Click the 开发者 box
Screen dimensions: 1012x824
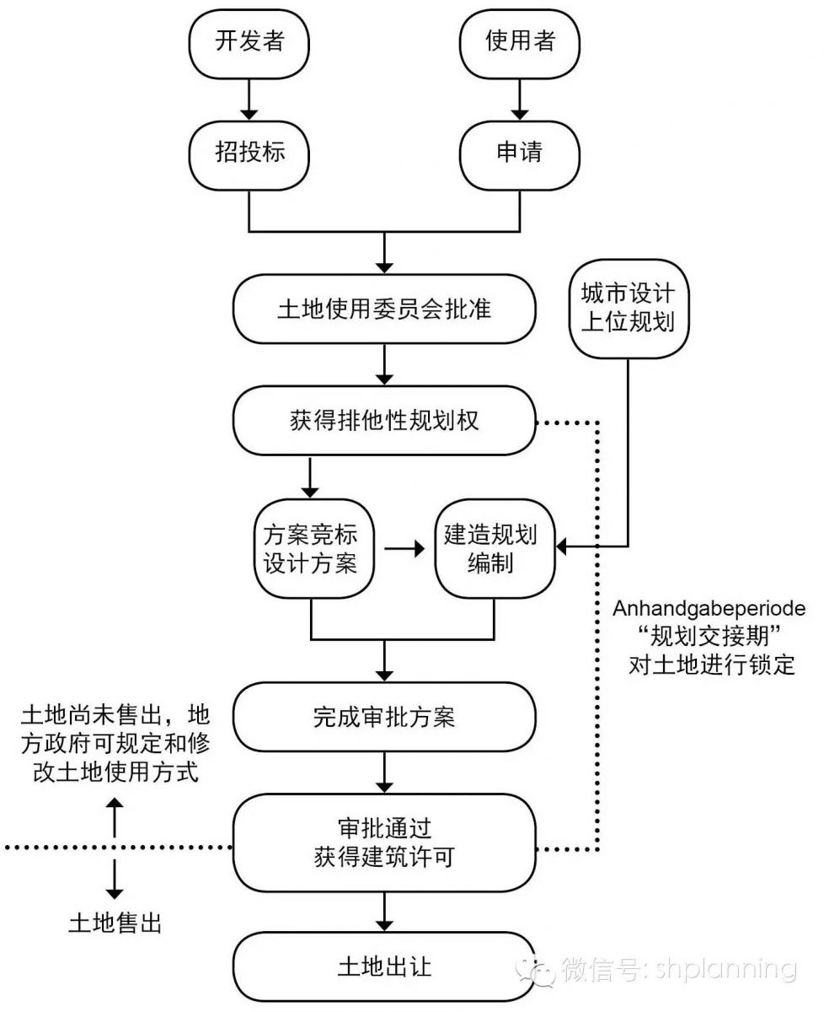tap(250, 42)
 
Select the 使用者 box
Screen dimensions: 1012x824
tap(520, 42)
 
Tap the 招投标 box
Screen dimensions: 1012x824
tap(250, 153)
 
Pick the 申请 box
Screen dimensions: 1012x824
tap(520, 153)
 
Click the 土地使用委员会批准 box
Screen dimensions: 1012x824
tap(384, 309)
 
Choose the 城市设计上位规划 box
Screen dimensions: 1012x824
tap(628, 308)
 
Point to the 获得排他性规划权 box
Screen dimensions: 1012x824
tap(384, 420)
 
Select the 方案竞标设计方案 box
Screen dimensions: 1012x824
tap(311, 550)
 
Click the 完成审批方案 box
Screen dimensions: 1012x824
tap(384, 718)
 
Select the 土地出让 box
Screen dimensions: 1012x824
tap(384, 966)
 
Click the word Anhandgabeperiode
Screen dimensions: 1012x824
tap(710, 609)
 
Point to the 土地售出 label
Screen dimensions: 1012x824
tap(115, 923)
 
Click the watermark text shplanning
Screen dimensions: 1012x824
tap(725, 969)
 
